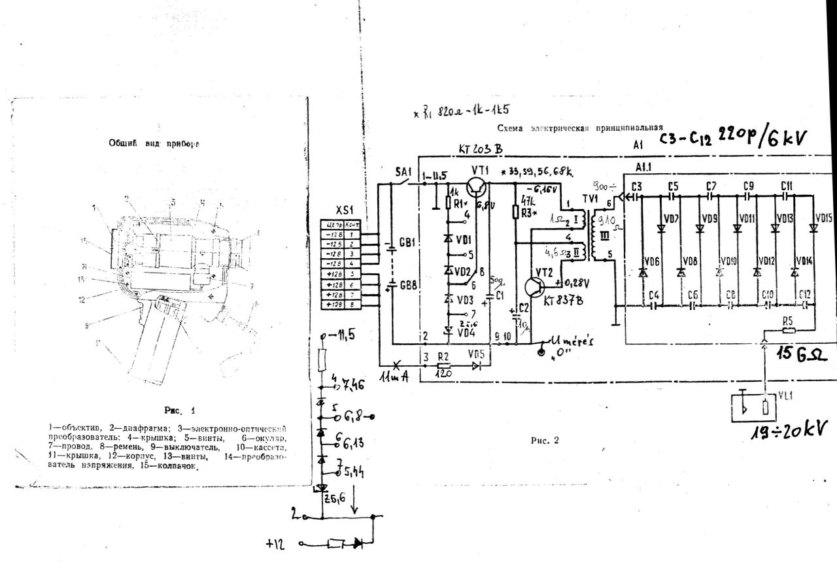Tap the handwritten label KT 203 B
pos(481,150)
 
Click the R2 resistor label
pos(444,357)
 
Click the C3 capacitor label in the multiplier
pos(637,187)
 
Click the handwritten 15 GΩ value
pos(803,355)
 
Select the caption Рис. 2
pos(545,440)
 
